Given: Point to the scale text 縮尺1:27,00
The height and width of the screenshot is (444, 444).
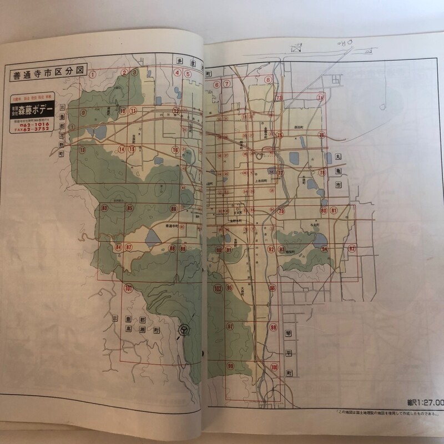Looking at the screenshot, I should pyautogui.click(x=423, y=402).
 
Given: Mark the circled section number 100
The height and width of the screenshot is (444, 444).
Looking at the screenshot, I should pyautogui.click(x=275, y=367).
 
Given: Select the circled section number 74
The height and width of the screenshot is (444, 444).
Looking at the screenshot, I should pyautogui.click(x=320, y=98).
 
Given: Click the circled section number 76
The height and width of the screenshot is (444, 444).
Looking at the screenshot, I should pyautogui.click(x=321, y=135).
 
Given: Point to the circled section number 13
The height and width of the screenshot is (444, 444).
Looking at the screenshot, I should pyautogui.click(x=83, y=150).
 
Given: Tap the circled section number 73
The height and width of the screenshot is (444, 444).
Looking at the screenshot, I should pyautogui.click(x=279, y=98).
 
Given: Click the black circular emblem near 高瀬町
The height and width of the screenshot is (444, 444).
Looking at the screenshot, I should pyautogui.click(x=183, y=331).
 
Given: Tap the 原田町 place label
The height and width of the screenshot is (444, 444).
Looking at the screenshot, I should pyautogui.click(x=300, y=128).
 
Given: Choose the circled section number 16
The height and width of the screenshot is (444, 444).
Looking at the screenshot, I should pyautogui.click(x=175, y=150).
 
